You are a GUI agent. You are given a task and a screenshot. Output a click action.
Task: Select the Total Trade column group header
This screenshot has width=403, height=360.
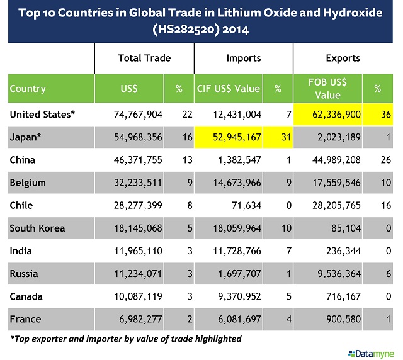(144, 59)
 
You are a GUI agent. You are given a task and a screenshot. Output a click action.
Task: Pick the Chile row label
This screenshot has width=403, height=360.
(21, 205)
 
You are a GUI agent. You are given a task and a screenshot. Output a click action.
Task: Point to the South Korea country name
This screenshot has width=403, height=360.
(37, 228)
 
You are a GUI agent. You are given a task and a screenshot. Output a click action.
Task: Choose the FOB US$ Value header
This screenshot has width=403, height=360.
(327, 89)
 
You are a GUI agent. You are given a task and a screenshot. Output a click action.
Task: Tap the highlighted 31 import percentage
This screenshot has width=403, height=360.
(277, 137)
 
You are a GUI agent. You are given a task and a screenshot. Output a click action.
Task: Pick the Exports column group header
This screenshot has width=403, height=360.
(343, 59)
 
